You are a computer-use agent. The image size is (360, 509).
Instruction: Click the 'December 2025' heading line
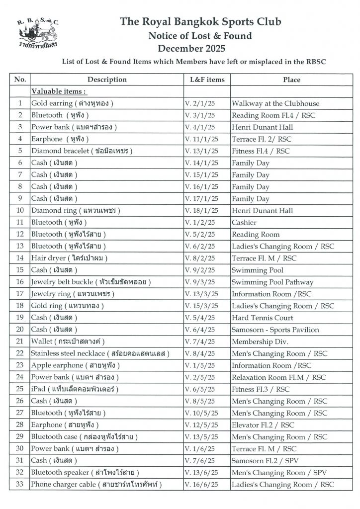pyautogui.click(x=191, y=49)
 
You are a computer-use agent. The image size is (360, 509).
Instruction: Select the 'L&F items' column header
pyautogui.click(x=207, y=80)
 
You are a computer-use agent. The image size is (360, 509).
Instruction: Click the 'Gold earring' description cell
pyautogui.click(x=73, y=103)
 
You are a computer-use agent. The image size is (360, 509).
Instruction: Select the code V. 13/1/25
pyautogui.click(x=199, y=151)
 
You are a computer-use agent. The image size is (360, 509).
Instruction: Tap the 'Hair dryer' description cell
pyautogui.click(x=69, y=258)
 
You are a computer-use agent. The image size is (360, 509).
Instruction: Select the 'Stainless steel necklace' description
pyautogui.click(x=100, y=353)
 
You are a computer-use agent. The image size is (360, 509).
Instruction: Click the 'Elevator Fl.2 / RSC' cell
pyautogui.click(x=263, y=425)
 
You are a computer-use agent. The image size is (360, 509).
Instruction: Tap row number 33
pyautogui.click(x=20, y=484)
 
